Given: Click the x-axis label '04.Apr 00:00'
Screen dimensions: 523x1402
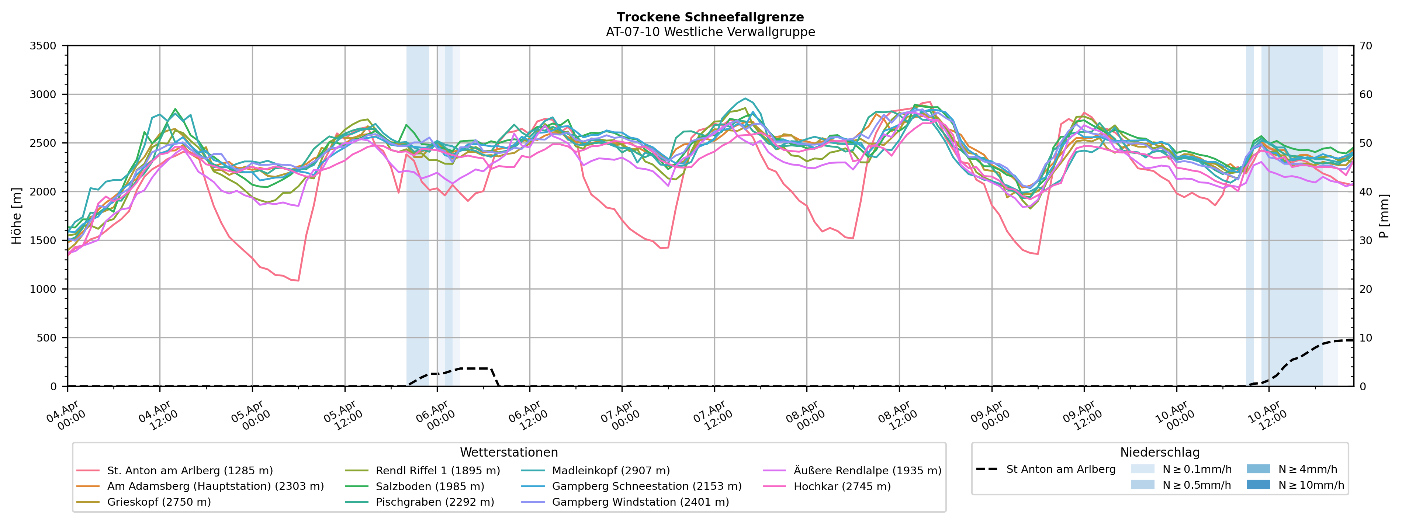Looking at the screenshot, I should coord(65,416).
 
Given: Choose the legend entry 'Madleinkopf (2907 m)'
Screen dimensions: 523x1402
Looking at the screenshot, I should coord(611,471).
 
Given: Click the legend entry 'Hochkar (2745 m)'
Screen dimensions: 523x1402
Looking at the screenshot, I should coord(842,486).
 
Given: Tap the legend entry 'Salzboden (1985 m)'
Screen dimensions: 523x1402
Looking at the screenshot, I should coord(429,486).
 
